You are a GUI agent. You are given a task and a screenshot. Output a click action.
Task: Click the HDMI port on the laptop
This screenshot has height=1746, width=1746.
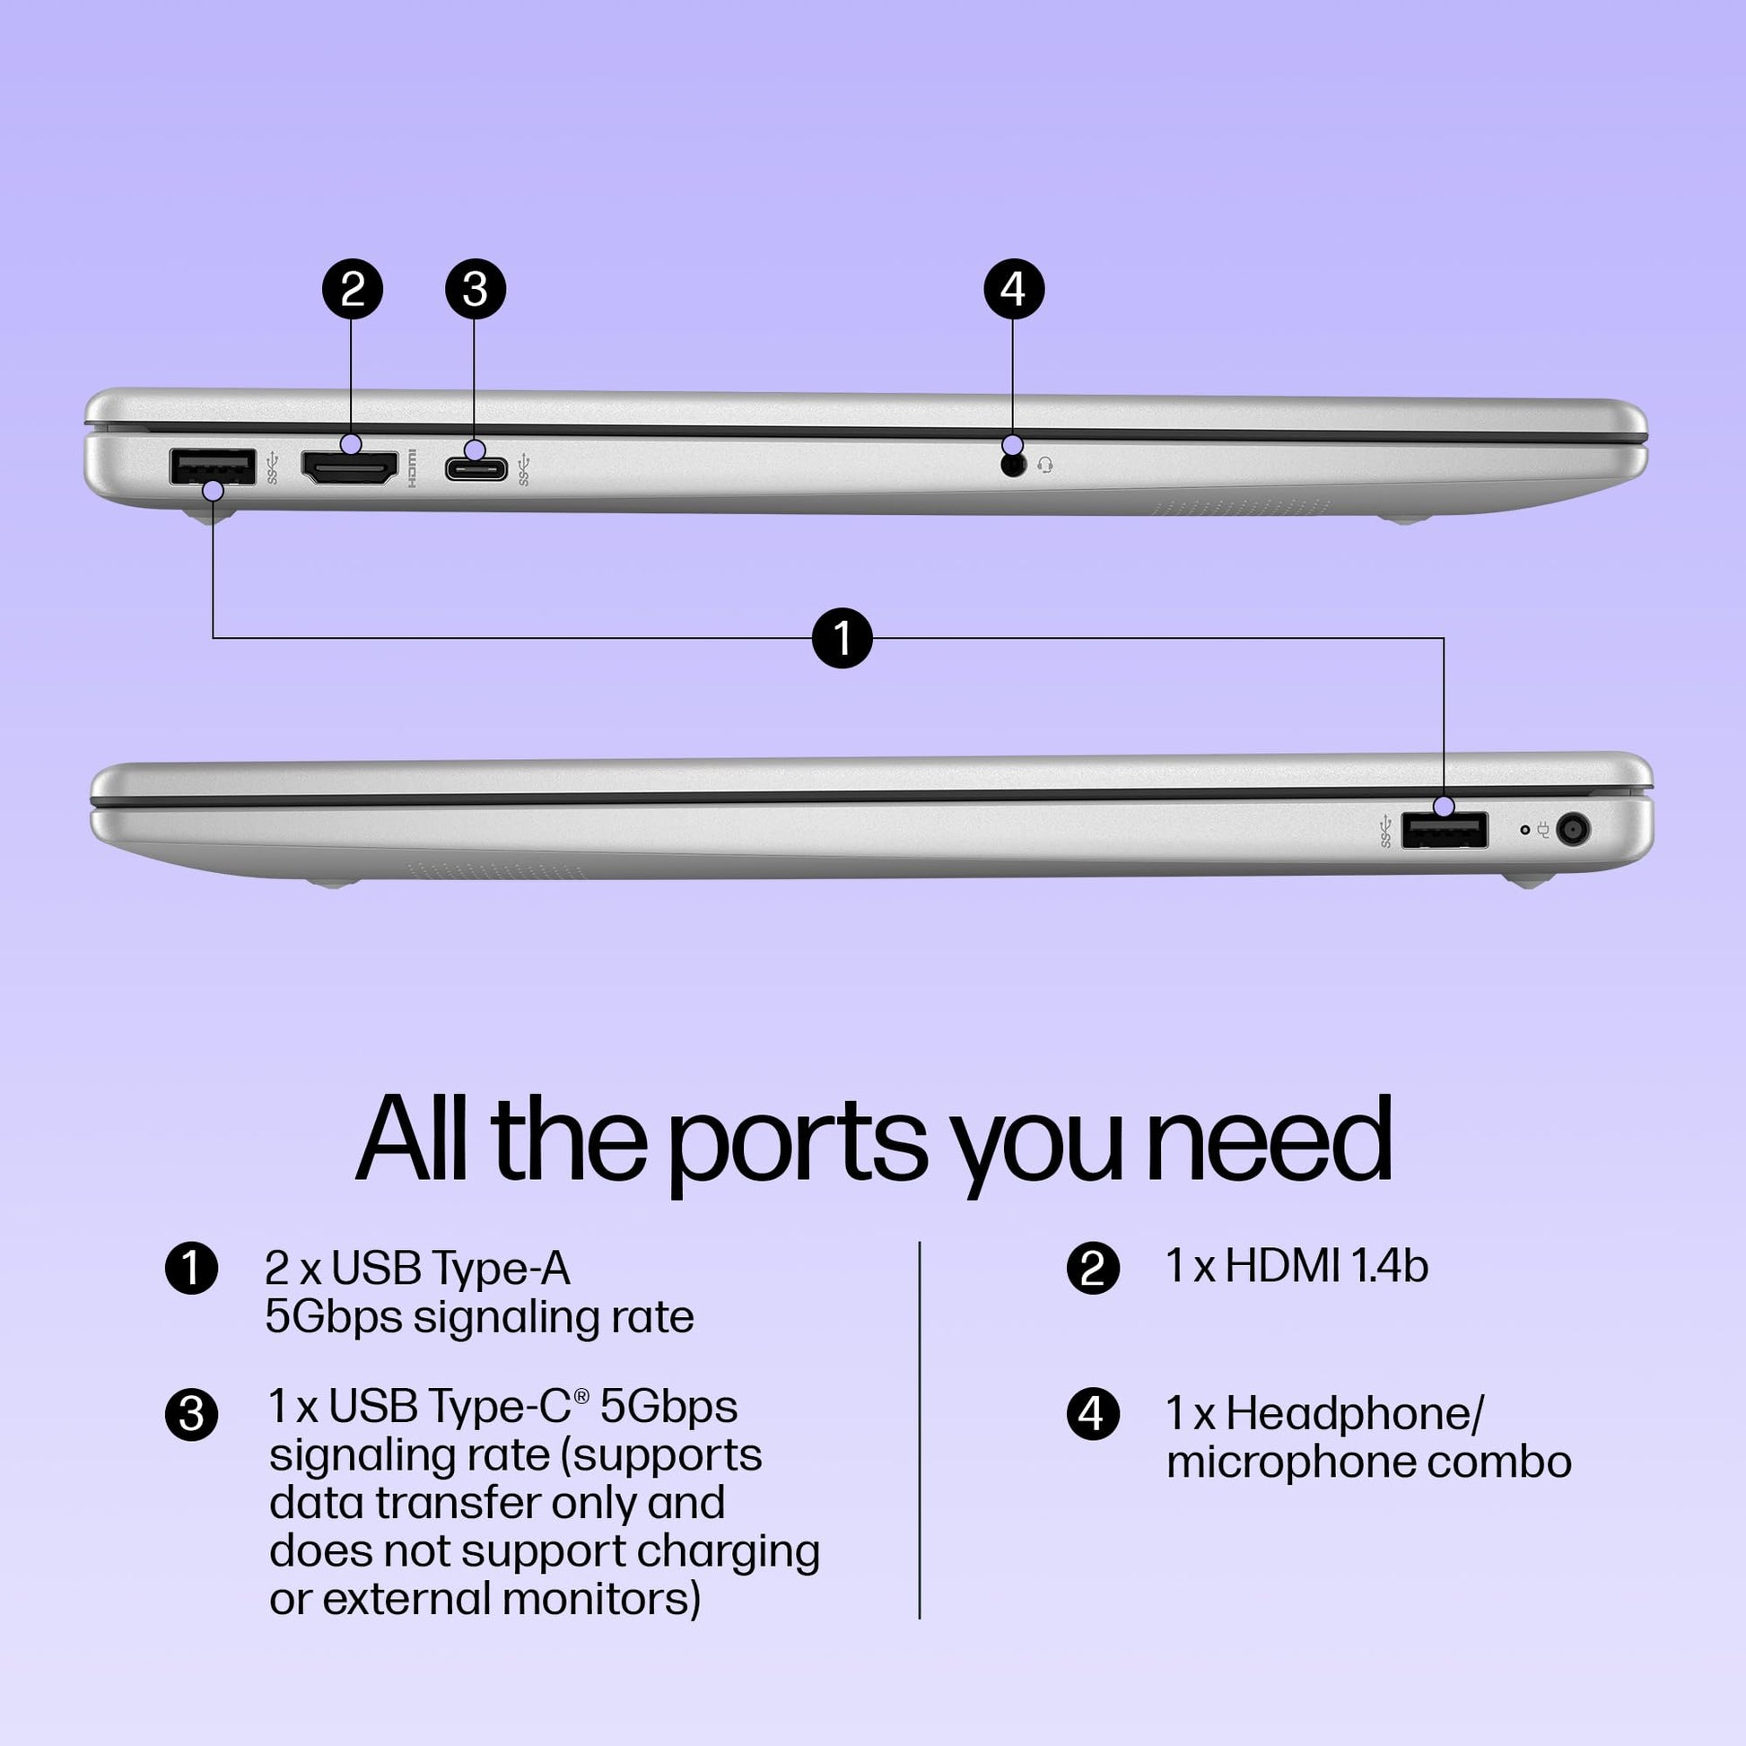349,467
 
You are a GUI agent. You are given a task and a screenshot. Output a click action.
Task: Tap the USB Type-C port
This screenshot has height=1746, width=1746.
476,468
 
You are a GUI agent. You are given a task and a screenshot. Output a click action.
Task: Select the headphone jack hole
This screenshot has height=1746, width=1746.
1014,466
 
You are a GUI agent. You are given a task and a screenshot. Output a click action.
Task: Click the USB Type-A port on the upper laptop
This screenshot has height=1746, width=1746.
213,467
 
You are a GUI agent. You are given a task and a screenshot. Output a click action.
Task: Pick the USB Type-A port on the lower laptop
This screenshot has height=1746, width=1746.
1445,831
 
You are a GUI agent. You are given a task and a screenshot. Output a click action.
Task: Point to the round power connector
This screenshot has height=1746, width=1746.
1574,830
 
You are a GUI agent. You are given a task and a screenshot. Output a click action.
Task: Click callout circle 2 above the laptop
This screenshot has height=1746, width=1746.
353,289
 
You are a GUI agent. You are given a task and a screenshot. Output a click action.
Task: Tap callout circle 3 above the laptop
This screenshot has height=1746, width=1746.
476,289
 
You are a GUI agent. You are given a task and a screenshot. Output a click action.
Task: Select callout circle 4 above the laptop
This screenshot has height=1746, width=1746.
1013,289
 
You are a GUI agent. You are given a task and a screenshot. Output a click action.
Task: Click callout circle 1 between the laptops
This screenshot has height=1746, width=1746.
842,638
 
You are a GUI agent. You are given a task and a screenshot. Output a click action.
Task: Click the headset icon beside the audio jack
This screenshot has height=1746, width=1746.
1045,466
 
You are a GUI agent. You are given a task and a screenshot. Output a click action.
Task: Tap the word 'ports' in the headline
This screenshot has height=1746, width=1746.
797,1140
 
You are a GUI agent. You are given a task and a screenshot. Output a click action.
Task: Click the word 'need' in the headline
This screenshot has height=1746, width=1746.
1269,1139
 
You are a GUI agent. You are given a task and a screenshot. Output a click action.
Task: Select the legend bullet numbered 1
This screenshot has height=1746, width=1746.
192,1268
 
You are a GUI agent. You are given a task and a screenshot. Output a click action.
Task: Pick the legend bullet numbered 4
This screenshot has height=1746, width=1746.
1093,1413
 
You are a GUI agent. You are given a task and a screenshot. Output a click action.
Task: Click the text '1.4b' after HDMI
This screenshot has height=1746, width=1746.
1390,1265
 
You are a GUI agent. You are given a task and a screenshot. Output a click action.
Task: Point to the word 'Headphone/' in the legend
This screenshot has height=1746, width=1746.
1355,1413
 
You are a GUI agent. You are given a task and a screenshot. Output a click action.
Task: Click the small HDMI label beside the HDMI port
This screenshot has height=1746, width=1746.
412,468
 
